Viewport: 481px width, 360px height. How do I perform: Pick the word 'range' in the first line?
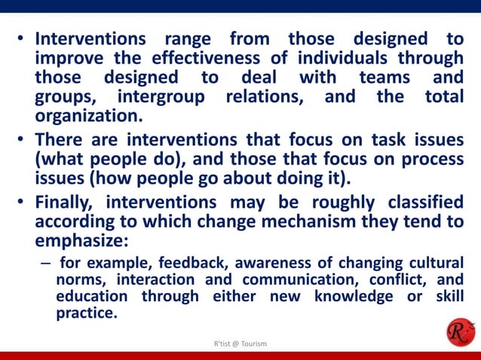pos(185,38)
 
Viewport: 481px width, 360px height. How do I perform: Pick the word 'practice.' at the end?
pos(87,313)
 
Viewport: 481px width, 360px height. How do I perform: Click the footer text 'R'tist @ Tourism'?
pos(240,344)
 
